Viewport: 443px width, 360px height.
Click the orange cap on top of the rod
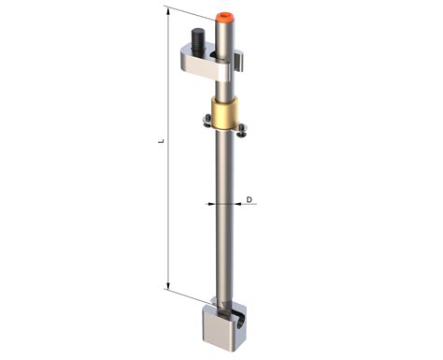tap(225, 17)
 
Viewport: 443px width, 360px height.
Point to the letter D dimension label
tap(250, 200)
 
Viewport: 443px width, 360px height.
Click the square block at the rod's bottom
tap(224, 326)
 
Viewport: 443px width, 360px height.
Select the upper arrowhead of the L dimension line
tap(168, 11)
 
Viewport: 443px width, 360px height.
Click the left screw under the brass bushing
tap(204, 119)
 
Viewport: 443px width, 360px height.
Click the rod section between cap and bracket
tap(224, 37)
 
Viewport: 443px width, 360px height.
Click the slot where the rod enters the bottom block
tap(218, 304)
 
